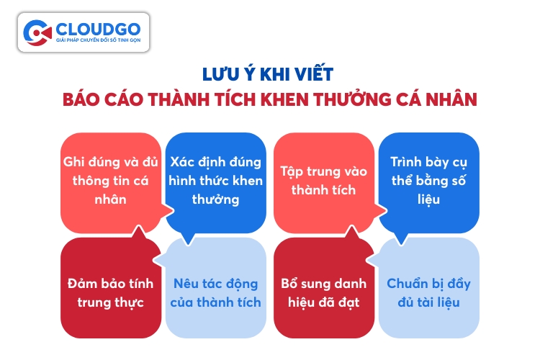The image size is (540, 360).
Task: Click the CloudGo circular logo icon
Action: [x=37, y=32]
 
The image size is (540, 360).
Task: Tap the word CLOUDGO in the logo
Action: [x=98, y=30]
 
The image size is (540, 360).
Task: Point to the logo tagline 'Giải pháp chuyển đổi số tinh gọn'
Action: [x=98, y=40]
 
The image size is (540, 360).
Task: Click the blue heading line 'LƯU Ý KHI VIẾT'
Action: [x=268, y=73]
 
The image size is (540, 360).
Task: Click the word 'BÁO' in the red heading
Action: [x=81, y=99]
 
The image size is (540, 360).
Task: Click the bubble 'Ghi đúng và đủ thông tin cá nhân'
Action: [x=111, y=183]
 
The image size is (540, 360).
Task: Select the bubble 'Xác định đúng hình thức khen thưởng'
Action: [x=216, y=183]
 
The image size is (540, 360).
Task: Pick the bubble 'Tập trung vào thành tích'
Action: [x=324, y=183]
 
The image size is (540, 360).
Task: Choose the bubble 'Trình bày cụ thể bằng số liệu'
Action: [x=429, y=183]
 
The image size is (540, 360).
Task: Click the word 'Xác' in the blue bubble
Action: [x=182, y=161]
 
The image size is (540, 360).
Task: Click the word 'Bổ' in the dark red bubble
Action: [x=289, y=283]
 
